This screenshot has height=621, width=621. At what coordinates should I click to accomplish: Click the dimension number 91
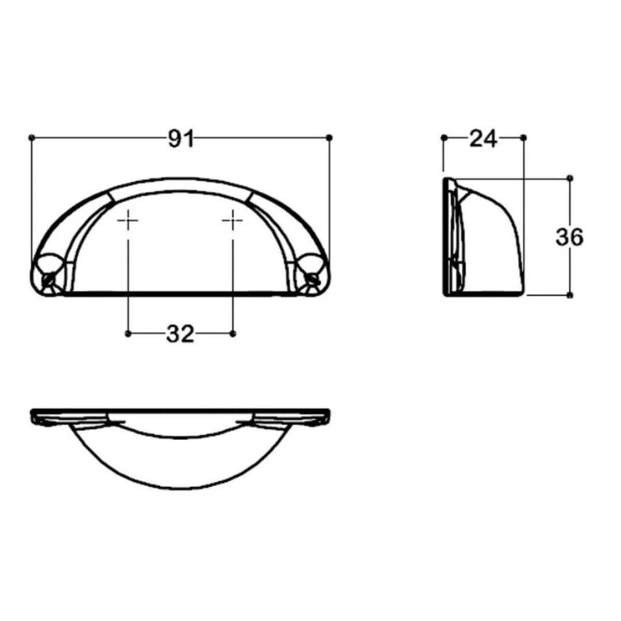(181, 138)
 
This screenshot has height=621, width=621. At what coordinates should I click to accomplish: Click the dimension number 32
(180, 334)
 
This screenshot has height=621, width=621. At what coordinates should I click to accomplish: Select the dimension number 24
(483, 138)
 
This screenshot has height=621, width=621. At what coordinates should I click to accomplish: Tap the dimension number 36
(569, 237)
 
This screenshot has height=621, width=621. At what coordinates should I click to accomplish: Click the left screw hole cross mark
(128, 221)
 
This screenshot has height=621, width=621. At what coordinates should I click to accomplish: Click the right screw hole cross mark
(233, 221)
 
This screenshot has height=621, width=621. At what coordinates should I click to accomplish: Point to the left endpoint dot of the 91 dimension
(32, 137)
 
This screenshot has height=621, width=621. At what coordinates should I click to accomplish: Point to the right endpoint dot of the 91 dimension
(330, 137)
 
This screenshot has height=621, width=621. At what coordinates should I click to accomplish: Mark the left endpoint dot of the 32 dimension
(128, 333)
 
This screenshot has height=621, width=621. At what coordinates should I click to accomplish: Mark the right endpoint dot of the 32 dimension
(233, 333)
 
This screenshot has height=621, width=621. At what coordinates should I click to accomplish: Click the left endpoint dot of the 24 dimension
(444, 137)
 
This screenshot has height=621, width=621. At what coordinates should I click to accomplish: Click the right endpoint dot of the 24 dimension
(523, 137)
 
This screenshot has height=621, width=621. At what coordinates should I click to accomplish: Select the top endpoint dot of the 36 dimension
(569, 177)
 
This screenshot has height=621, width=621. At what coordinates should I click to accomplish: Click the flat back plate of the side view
(446, 237)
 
